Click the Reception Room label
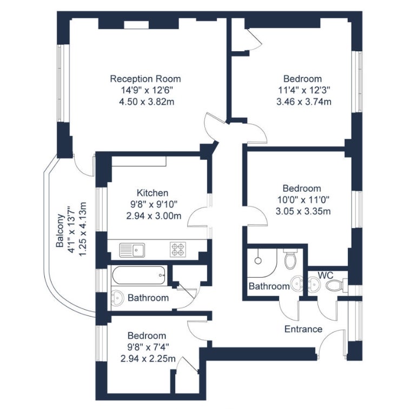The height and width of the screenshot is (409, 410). point(146,79)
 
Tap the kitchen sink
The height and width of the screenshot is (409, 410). point(132,250)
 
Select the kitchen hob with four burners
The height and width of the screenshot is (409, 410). point(178,250)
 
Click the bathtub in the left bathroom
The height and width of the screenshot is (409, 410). point(139,276)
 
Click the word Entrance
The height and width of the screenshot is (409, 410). point(303,329)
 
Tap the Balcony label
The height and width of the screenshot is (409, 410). point(60,231)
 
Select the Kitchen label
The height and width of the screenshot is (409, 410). point(153,193)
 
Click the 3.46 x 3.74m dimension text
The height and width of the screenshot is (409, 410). point(304,102)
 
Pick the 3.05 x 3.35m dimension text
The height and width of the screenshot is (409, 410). point(303,211)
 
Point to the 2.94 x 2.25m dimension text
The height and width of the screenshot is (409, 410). point(148,359)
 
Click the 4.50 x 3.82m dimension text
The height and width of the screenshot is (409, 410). point(147,102)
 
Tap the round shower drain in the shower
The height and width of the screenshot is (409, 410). point(259,260)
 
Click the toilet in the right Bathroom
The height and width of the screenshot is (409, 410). point(290,259)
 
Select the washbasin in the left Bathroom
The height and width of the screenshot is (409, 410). point(117,298)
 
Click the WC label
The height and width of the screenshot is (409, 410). point(326,275)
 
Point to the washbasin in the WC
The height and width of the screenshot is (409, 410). point(314,285)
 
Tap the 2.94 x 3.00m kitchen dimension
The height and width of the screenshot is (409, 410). point(154,216)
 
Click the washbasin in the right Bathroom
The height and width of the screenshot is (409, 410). point(297,283)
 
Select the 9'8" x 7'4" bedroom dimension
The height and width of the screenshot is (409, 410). point(148,347)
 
